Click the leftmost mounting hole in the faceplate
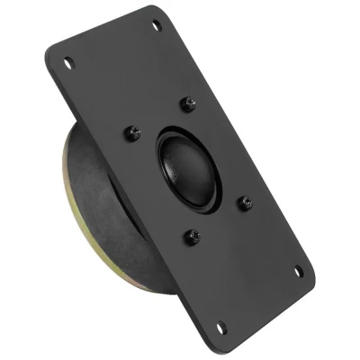[67, 62]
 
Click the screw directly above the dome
[188, 104]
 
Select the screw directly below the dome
[192, 237]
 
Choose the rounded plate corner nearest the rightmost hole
[310, 275]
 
